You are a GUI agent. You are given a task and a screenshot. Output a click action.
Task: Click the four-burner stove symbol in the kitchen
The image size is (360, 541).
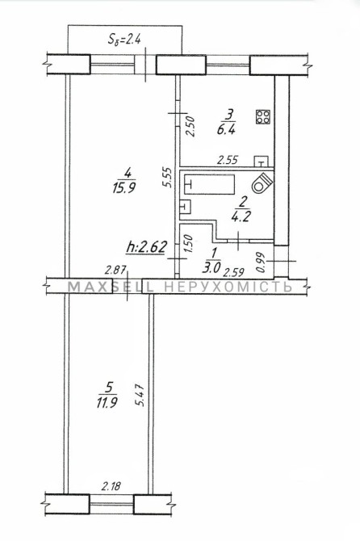coord(263,117)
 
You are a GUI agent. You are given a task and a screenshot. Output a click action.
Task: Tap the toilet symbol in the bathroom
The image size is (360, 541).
coord(262,182)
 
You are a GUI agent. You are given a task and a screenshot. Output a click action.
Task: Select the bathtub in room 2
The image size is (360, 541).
coord(209,185)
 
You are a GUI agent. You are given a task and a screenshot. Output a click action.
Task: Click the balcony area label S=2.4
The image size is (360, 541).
coord(124,39)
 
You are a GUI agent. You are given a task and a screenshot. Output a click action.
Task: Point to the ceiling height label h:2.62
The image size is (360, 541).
coord(147,247)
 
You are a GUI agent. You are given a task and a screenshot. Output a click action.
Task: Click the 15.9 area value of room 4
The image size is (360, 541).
coord(123,188)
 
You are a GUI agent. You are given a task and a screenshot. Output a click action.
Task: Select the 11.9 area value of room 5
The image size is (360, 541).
coord(107,402)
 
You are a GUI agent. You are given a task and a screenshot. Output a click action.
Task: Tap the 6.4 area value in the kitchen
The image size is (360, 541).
coord(226,130)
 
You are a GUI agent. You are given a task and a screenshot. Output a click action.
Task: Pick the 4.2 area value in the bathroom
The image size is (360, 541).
coord(241,216)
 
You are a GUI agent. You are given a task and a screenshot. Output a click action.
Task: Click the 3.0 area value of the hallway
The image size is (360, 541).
coord(211,268)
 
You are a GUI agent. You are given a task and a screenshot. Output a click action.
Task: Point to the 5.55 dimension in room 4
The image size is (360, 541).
coord(167,177)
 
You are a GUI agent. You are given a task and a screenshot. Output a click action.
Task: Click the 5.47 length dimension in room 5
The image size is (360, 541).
coord(140,396)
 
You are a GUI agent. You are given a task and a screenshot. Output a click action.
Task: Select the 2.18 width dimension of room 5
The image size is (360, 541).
coord(111,486)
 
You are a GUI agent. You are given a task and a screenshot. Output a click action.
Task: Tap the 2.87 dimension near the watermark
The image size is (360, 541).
coord(115,270)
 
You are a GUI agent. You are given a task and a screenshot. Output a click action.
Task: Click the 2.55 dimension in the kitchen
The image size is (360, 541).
coord(228,160)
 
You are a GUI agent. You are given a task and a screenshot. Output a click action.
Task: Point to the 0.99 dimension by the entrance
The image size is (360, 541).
coord(261,263)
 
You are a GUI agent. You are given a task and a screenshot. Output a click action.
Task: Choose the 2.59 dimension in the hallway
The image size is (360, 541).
coord(233,273)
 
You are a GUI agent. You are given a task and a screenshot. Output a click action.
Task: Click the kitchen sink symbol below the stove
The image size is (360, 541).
coord(262,161)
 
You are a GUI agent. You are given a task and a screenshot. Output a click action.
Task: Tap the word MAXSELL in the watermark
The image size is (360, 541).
coord(111,287)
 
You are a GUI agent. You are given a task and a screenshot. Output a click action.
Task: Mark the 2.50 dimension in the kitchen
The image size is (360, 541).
coord(190,127)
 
